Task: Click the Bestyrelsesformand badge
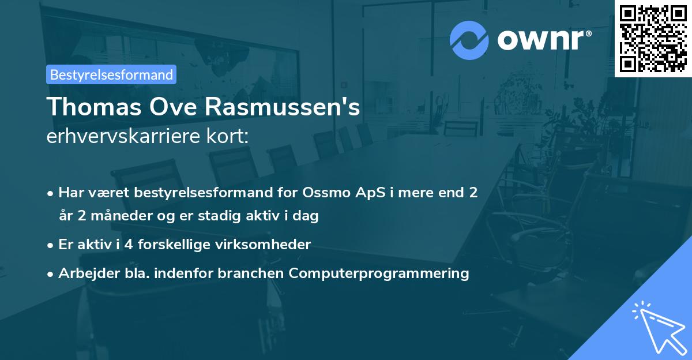coord(111,74)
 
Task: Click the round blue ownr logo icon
coord(469,40)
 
